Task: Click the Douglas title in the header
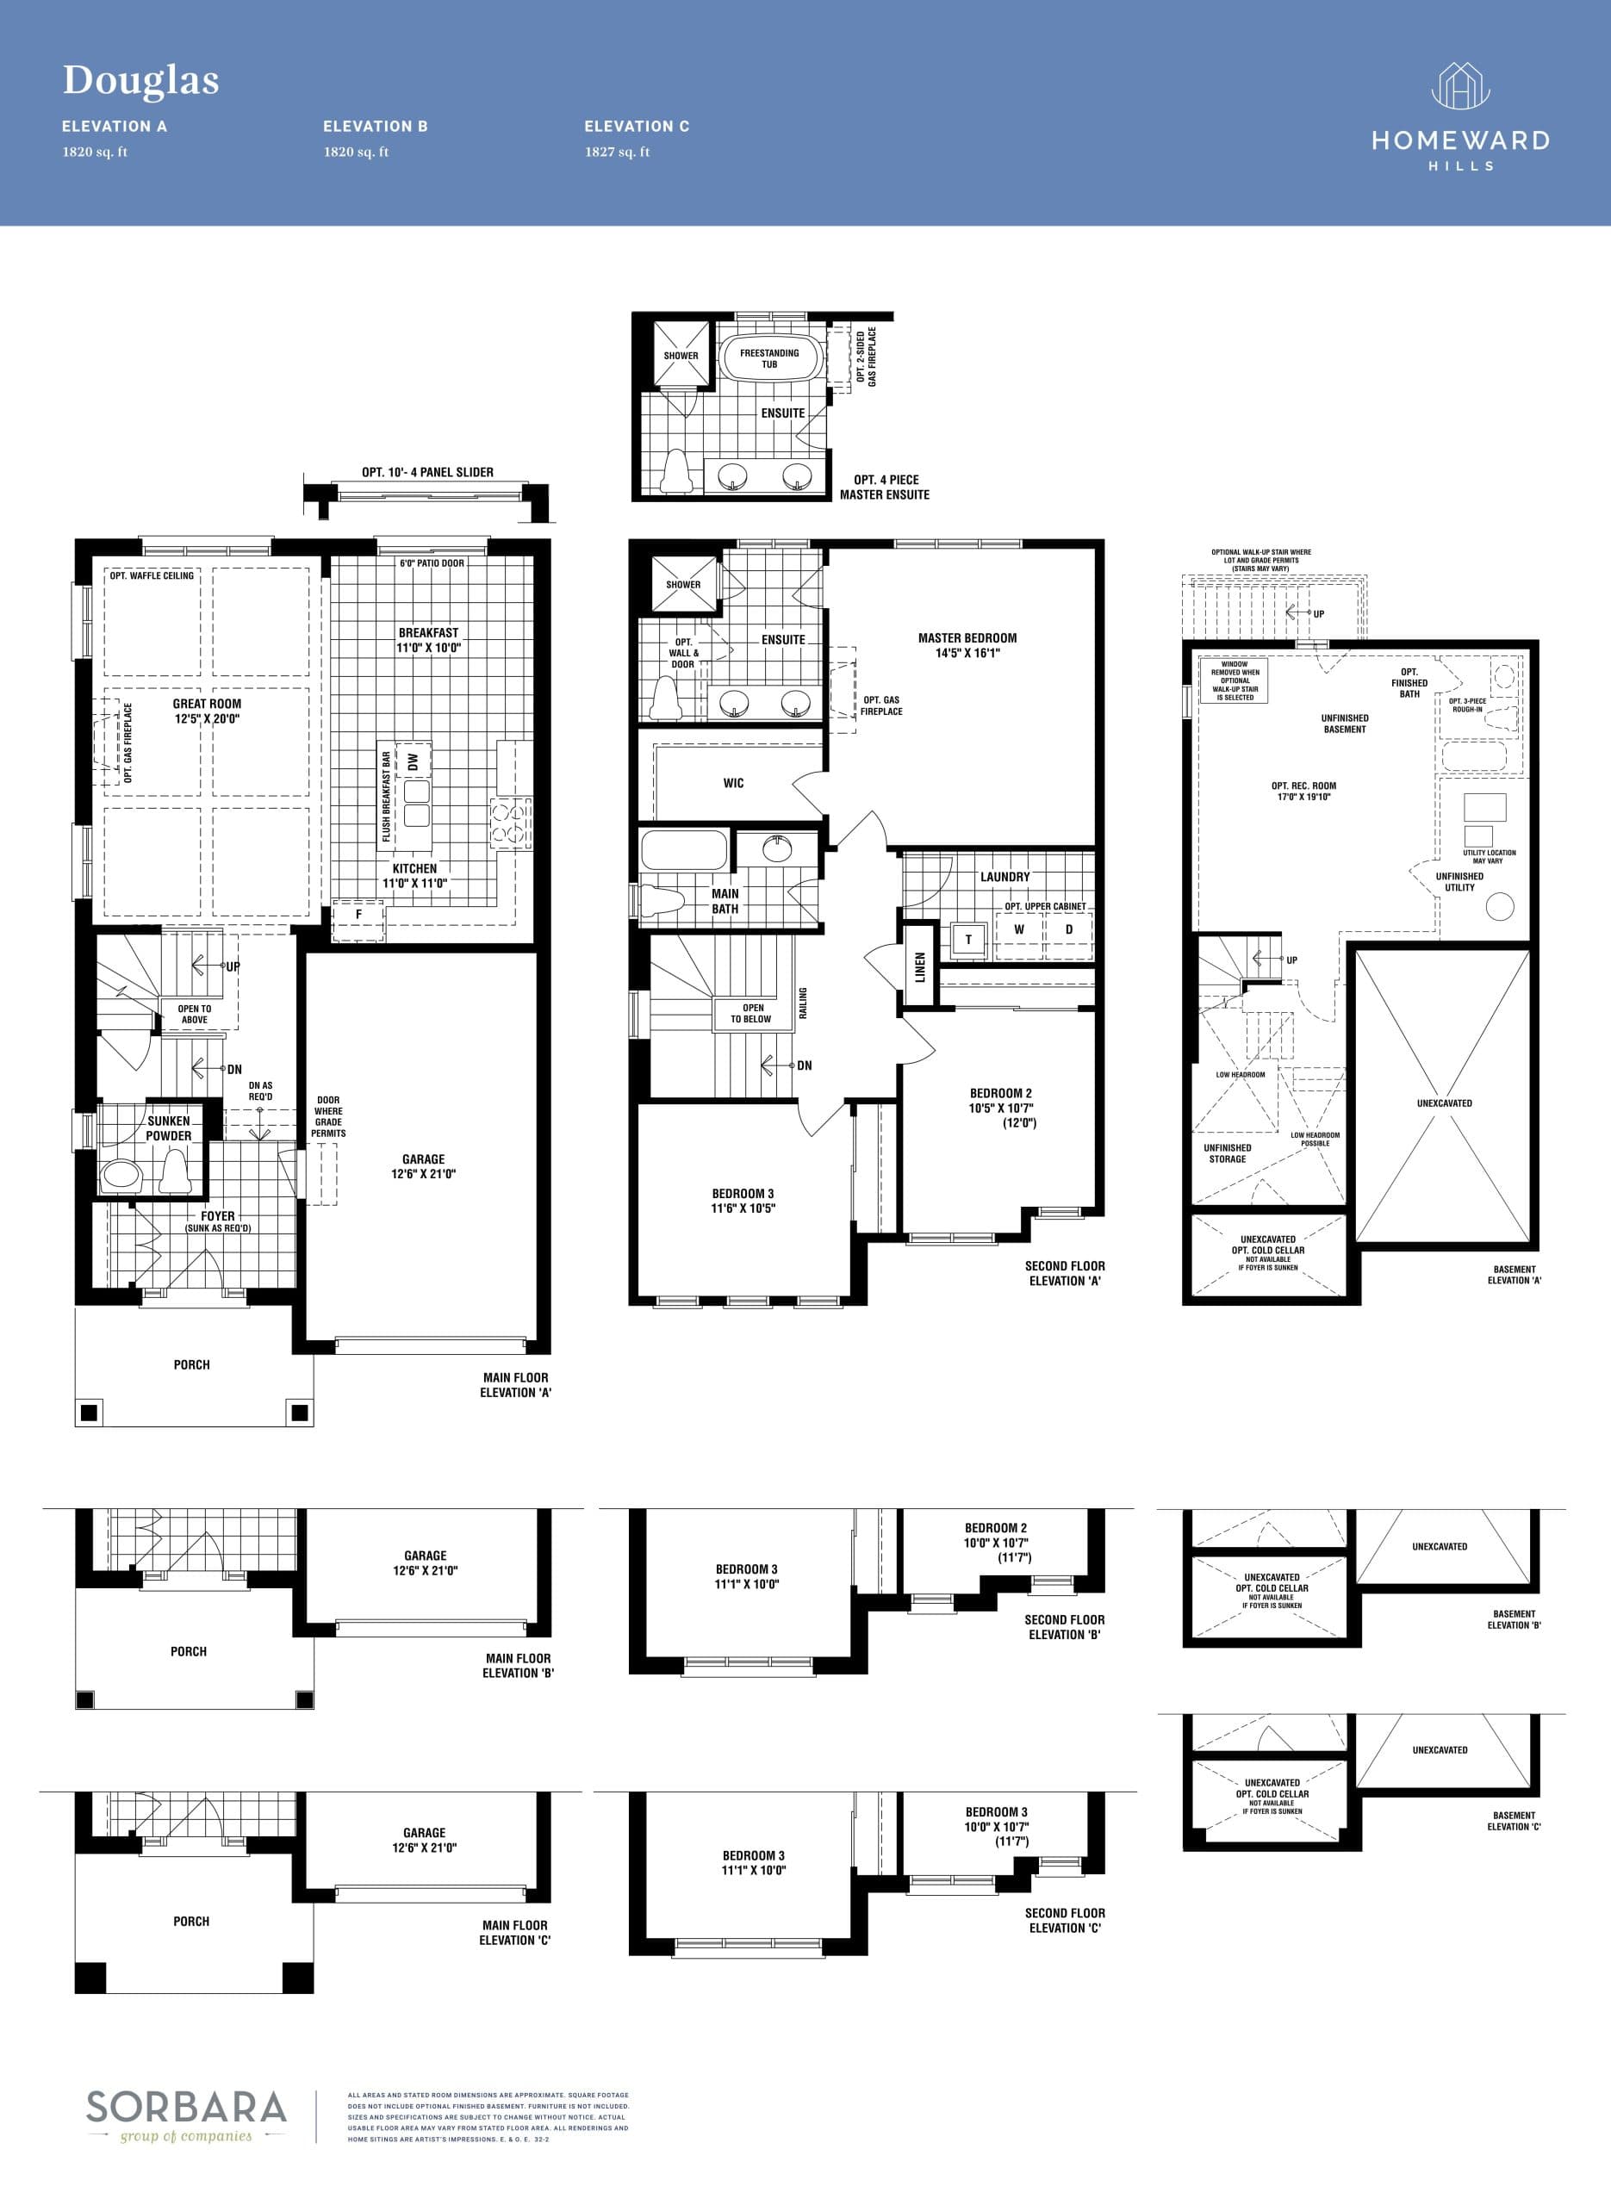140,80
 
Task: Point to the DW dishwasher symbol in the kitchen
414,762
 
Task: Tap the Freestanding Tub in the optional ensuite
769,357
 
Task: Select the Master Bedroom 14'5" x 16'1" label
967,645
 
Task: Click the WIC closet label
733,783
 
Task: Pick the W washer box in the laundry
1019,930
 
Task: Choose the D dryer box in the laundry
1069,930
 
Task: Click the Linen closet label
919,966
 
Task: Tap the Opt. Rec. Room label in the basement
1303,791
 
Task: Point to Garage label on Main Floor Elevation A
423,1166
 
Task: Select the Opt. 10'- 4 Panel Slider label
427,472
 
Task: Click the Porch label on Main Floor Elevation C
191,1922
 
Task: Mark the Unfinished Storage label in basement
1227,1153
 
